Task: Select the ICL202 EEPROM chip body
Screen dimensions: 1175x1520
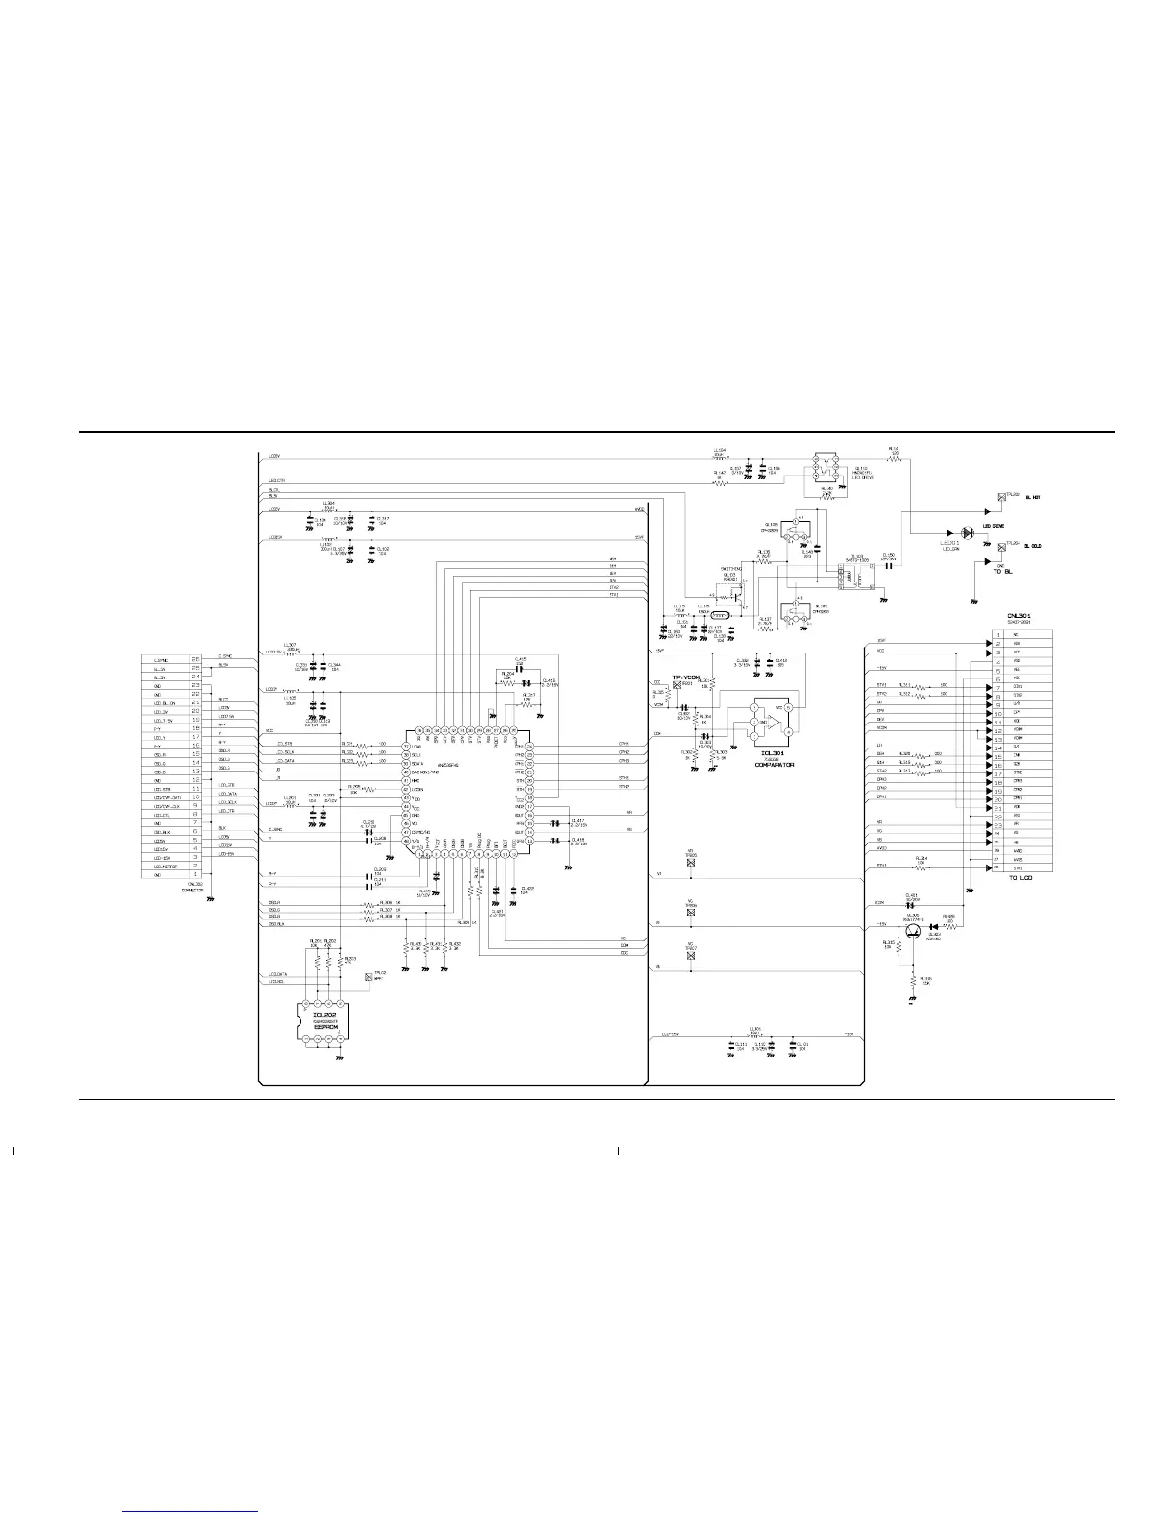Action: (321, 1025)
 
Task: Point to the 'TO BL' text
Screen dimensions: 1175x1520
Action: (1005, 572)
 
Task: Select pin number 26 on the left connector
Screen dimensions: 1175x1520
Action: (196, 659)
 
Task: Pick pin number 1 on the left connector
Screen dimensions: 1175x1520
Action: (196, 874)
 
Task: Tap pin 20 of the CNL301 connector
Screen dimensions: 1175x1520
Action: (998, 797)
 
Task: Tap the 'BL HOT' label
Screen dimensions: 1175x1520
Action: (1034, 497)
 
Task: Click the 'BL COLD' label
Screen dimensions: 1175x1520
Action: (1035, 545)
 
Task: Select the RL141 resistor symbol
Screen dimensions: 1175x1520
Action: (894, 460)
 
